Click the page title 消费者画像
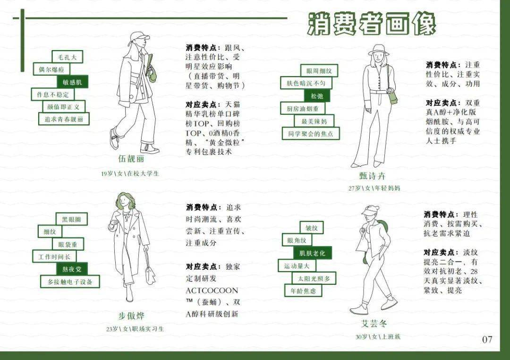372,23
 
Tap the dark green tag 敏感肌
72,82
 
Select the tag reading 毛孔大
67,57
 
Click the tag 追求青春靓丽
64,119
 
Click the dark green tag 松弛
317,96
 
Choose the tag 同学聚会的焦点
310,134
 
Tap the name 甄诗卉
372,176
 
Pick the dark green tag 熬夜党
72,269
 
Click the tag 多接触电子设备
70,282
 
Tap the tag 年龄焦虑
303,291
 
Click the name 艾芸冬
374,324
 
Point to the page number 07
487,339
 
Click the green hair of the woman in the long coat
124,201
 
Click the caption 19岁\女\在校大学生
130,173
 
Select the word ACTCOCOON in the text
212,290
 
